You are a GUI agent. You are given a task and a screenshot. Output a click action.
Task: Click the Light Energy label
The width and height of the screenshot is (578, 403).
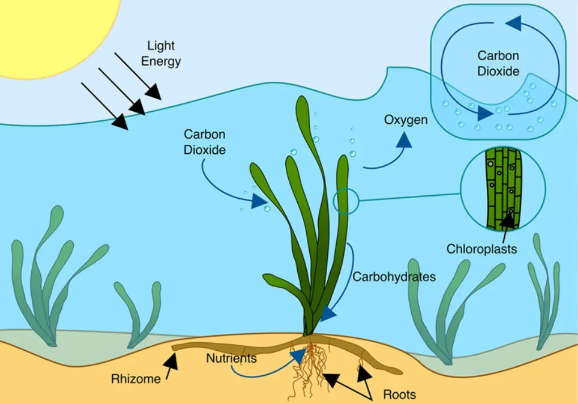pyautogui.click(x=161, y=53)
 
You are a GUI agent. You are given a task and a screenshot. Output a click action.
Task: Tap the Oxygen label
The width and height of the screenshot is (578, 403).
pyautogui.click(x=406, y=120)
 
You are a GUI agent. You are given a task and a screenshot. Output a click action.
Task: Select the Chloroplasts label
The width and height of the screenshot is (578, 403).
pyautogui.click(x=482, y=249)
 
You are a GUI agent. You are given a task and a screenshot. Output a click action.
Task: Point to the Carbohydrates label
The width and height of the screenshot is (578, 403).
pyautogui.click(x=394, y=277)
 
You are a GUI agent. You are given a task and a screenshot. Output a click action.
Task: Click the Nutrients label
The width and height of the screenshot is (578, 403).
pyautogui.click(x=231, y=358)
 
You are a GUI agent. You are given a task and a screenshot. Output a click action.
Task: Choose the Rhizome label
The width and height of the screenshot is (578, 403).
pyautogui.click(x=136, y=379)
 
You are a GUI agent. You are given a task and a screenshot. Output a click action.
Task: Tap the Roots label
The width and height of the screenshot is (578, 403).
pyautogui.click(x=399, y=394)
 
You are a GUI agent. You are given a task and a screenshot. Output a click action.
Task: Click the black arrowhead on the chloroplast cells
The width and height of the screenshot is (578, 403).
pyautogui.click(x=507, y=220)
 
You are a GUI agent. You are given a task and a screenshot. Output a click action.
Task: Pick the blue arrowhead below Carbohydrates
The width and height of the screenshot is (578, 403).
pyautogui.click(x=328, y=313)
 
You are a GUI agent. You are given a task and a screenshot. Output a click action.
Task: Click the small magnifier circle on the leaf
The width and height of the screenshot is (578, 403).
pyautogui.click(x=345, y=201)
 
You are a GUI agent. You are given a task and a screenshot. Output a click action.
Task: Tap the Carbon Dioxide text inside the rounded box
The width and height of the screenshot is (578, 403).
pyautogui.click(x=498, y=64)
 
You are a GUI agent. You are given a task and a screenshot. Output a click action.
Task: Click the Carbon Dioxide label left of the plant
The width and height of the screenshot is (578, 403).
pyautogui.click(x=205, y=142)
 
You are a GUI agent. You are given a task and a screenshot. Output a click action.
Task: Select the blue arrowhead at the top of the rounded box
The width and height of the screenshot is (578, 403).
pyautogui.click(x=513, y=23)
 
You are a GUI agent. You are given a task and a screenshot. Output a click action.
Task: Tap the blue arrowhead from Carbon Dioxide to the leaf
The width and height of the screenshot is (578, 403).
pyautogui.click(x=259, y=200)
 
